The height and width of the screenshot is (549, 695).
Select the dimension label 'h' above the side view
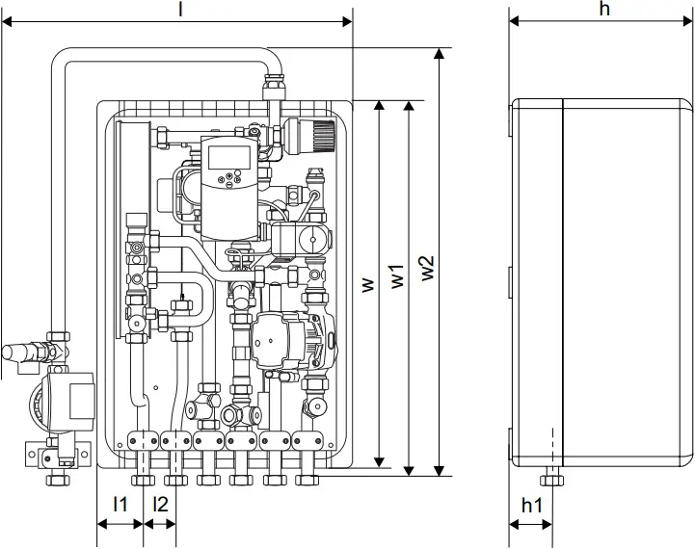603,8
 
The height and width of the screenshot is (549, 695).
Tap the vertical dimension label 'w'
366,286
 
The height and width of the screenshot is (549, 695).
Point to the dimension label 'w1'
396,274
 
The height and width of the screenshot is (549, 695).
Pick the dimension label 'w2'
427,268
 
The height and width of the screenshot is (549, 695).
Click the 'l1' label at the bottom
120,504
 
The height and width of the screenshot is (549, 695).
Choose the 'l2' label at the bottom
160,504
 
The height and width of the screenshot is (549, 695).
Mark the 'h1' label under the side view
532,504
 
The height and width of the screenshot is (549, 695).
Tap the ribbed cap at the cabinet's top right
312,135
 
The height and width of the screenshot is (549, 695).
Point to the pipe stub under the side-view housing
552,479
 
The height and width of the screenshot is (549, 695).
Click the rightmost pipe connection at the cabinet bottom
308,477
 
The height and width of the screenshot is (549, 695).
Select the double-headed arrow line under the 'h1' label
531,525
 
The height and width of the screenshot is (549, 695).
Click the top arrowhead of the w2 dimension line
441,53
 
